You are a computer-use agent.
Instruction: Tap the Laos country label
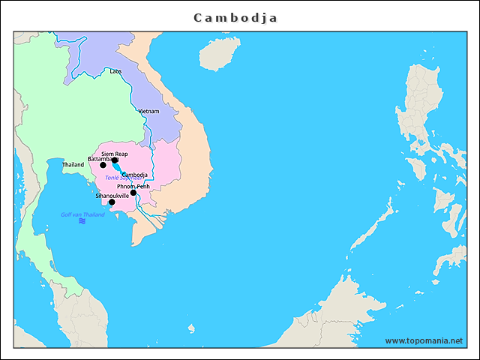coord(115,71)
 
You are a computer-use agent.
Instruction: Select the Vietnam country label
coord(148,111)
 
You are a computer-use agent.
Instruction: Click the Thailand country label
coord(73,164)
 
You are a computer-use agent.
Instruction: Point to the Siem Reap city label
coord(115,153)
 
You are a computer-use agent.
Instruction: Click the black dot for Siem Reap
coord(115,160)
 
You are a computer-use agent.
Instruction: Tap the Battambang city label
coord(100,159)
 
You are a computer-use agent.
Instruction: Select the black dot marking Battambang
coord(103,165)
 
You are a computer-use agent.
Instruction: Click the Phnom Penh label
coord(133,186)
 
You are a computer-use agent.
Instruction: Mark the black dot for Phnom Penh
coord(133,193)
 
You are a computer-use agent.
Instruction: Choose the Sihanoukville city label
coord(112,196)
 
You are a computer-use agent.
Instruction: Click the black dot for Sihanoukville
coord(112,202)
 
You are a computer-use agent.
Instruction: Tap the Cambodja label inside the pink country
coord(134,175)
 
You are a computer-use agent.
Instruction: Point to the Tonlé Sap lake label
coord(116,178)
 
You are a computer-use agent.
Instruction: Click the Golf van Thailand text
coord(82,214)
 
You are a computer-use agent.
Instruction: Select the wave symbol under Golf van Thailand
coord(82,221)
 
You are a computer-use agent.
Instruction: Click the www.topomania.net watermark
coord(424,340)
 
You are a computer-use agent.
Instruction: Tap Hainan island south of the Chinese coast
coord(214,54)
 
